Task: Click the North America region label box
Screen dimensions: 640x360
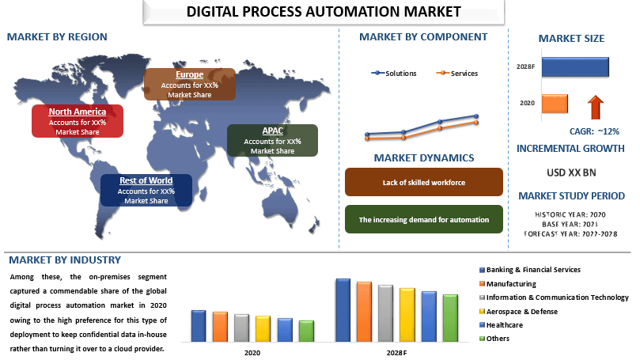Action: coord(78,121)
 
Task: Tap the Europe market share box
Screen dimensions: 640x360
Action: coord(190,84)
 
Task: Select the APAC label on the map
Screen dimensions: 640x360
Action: coord(272,140)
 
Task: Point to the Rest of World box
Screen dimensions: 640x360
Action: coord(146,190)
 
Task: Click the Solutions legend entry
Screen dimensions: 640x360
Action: coord(394,74)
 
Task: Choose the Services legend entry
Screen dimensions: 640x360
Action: coord(457,74)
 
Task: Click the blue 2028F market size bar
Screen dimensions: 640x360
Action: coord(575,67)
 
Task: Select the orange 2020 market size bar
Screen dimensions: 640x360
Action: coord(555,104)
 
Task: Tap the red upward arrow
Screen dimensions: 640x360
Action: coord(596,108)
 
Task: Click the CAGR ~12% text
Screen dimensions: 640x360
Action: coord(594,131)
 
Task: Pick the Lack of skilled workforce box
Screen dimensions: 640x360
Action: coord(424,182)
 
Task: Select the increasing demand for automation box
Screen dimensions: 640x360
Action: coord(424,219)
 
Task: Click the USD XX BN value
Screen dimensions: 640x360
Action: coord(571,172)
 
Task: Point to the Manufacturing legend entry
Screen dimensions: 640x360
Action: coord(508,284)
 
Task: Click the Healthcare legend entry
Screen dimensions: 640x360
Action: coord(501,325)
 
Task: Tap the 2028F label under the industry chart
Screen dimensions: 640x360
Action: coord(396,353)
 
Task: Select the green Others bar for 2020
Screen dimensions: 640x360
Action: coord(306,331)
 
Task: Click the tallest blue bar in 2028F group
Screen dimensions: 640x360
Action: coord(343,310)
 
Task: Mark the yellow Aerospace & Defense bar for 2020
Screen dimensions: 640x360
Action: coord(263,328)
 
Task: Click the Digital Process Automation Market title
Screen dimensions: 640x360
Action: coord(324,12)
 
